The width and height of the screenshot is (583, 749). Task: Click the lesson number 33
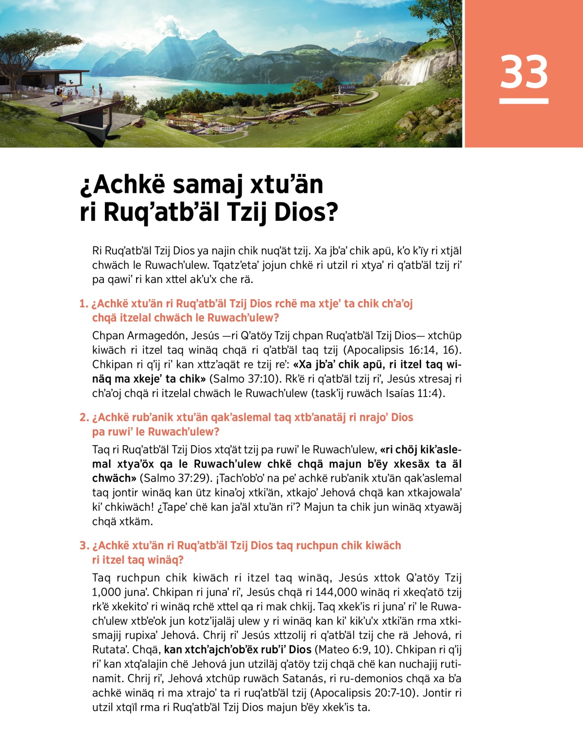click(x=524, y=72)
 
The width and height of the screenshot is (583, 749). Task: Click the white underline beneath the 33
click(x=524, y=101)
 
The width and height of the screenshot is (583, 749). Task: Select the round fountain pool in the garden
click(x=227, y=130)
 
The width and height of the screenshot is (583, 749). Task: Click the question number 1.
click(x=83, y=304)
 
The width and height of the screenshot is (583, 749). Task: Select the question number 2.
click(x=84, y=417)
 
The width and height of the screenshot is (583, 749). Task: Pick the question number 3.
click(x=84, y=546)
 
